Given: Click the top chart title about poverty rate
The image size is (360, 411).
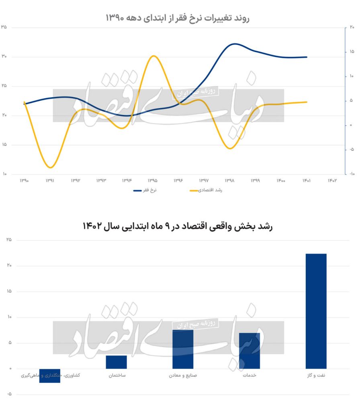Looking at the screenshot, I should coord(178,18).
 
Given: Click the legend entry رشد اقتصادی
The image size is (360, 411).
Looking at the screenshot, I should coord(206,190).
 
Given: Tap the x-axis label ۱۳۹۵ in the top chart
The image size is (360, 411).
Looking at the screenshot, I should coord(153,181).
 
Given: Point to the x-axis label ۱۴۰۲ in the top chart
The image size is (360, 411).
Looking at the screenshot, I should coord(332,181).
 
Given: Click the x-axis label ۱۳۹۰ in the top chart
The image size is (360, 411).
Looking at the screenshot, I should coord(24,181).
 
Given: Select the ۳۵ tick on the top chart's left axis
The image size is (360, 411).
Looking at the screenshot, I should coord(4,27).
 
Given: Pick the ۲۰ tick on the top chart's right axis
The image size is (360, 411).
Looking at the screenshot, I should coord(352,27).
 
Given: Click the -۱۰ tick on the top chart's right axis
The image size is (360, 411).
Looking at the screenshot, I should coord(351,174).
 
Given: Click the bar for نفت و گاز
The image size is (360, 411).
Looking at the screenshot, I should coord(316,311).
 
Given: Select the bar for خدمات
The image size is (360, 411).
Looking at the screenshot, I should coord(249,350).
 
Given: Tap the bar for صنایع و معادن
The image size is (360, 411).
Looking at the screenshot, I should coord(183,349).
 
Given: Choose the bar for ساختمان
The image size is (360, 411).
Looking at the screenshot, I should coord(117,362).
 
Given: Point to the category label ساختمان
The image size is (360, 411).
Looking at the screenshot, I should coord(117,376).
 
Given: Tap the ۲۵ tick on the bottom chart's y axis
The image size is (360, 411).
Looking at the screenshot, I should coord(9,240).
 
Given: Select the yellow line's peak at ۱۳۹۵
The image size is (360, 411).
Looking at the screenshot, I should coord(153,56).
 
